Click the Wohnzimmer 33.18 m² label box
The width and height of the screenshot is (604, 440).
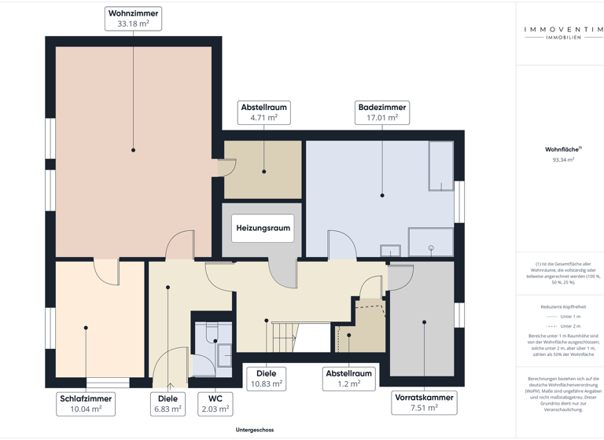(133, 19)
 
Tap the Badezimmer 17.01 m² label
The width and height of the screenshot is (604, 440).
(382, 112)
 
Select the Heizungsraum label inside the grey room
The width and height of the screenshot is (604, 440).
(263, 228)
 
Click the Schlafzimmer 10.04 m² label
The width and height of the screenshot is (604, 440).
(86, 403)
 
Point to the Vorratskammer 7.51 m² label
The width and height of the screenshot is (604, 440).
(424, 402)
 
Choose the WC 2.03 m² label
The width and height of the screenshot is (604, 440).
(215, 403)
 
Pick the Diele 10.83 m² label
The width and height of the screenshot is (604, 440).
(266, 378)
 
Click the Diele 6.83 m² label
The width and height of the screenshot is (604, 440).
(168, 403)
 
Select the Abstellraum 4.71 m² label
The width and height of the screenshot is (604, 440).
(263, 112)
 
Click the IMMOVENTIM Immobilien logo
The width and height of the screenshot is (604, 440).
(564, 33)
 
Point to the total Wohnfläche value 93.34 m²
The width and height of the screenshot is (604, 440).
(563, 159)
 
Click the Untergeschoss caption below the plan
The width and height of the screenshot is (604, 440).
(255, 430)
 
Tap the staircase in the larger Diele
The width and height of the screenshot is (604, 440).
(285, 337)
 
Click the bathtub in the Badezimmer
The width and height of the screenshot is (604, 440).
(440, 166)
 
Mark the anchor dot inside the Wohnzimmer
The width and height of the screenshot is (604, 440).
(133, 150)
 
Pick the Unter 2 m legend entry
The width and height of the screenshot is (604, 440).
(563, 325)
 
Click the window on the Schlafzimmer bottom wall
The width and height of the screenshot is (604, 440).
(108, 383)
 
